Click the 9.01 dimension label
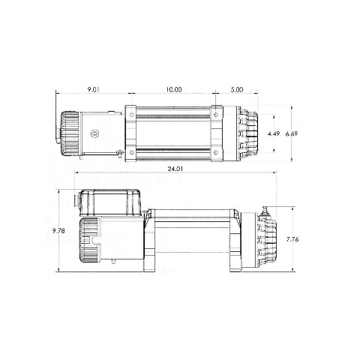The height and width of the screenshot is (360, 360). (x=93, y=89)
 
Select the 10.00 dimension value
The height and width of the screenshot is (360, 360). (x=174, y=89)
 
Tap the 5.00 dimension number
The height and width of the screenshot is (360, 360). (x=236, y=89)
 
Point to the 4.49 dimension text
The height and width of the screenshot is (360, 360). (x=274, y=133)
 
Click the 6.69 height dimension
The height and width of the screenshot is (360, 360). (x=292, y=133)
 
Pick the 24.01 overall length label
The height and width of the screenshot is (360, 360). (x=175, y=169)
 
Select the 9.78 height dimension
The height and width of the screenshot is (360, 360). (x=58, y=231)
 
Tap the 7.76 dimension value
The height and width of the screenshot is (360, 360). (x=292, y=239)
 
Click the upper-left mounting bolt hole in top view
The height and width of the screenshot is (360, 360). (x=132, y=115)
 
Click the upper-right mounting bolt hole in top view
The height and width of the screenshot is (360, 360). (x=216, y=115)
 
